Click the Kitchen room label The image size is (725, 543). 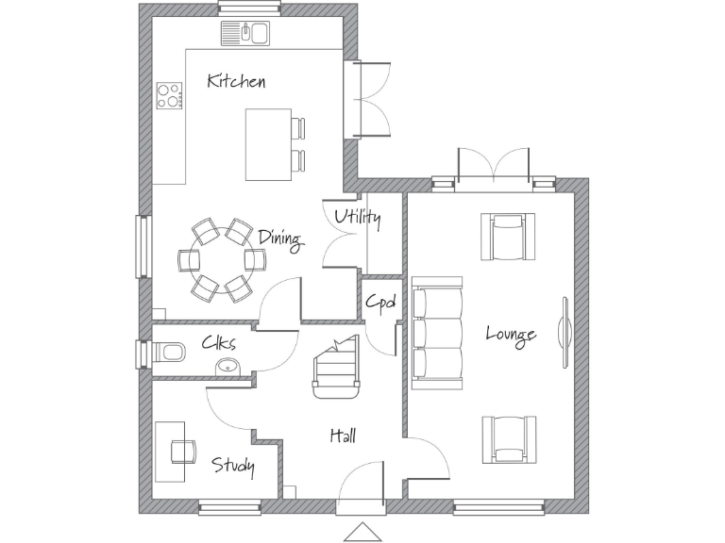coord(236,81)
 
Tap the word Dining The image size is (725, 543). coord(279,239)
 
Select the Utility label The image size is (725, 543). coord(358,219)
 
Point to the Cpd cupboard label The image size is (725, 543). coord(380,303)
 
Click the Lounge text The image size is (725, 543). coord(511,334)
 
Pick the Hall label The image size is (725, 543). coord(343,436)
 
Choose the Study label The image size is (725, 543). coord(233,465)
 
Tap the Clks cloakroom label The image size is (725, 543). coord(218,343)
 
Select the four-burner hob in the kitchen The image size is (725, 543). coord(170,95)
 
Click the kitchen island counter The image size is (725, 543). coord(268,144)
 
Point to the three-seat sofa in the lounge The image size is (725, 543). coord(437,333)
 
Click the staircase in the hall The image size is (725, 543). coord(337,368)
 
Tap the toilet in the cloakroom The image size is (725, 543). coord(171,353)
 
